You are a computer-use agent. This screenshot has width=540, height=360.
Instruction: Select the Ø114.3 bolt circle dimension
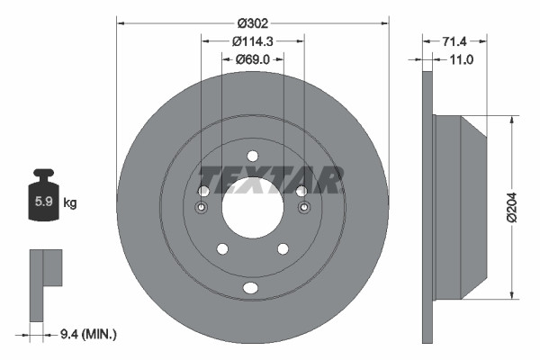point(253,40)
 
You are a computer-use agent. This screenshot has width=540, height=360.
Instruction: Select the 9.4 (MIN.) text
point(88,334)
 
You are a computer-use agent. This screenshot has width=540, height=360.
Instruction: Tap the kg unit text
point(70,203)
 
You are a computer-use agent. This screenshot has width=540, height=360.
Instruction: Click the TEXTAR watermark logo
point(270,180)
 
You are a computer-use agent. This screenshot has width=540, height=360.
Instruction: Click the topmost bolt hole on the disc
point(253,155)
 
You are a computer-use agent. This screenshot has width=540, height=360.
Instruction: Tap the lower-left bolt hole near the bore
point(222,248)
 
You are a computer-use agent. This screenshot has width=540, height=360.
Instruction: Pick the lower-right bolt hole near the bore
point(283,248)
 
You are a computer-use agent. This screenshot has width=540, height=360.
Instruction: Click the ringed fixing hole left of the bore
point(202,209)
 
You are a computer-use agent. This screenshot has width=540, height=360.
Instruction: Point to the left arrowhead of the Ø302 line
point(121,23)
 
